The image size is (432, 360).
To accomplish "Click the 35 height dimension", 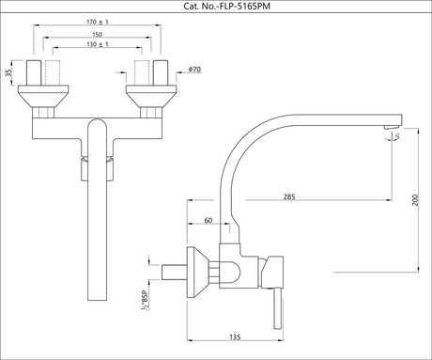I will coord(8,71).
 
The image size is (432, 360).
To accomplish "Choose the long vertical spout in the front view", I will coord(96,216).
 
